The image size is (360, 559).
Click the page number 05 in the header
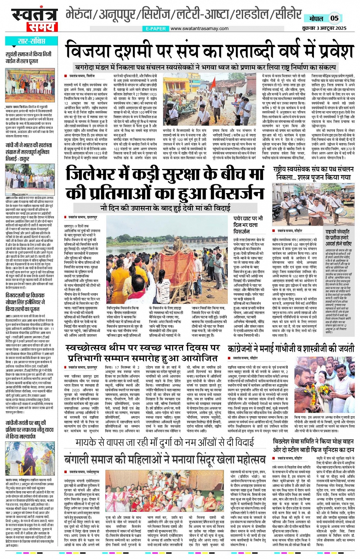[x=334, y=18]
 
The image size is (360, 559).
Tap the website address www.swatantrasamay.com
[x=199, y=29]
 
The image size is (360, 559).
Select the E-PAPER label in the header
[x=156, y=29]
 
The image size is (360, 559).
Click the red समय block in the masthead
[x=42, y=27]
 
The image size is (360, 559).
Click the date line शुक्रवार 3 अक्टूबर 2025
[x=325, y=28]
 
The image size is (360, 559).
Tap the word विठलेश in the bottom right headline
[x=285, y=442]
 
